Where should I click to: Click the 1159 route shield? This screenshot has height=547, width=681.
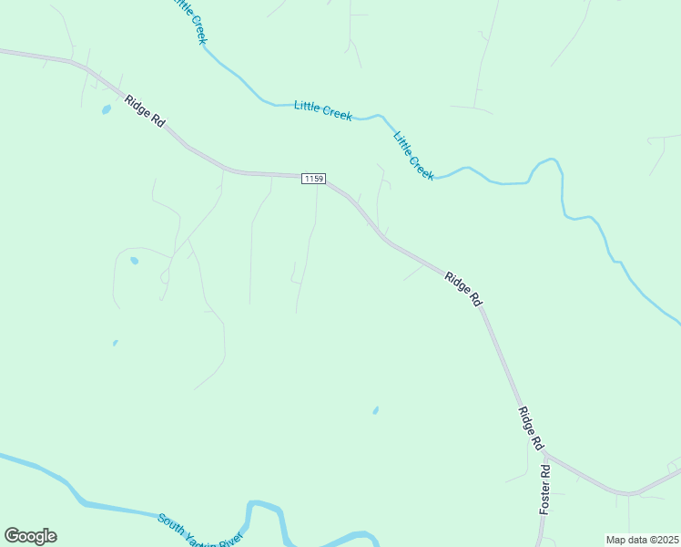coord(313,179)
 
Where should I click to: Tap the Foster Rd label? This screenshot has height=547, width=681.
coord(544,490)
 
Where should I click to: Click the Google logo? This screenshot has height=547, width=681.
coord(30,536)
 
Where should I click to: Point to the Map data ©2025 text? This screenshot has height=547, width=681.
coord(642,540)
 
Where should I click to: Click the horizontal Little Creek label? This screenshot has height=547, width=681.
coord(323,110)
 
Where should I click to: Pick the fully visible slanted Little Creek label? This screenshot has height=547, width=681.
coord(413,156)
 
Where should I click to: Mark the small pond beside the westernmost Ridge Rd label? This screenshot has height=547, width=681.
coord(106,109)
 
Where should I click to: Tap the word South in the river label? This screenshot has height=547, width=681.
coord(174,524)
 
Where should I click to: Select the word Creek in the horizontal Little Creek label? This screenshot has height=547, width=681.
coord(337,113)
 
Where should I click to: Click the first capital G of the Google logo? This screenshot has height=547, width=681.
coord(12,536)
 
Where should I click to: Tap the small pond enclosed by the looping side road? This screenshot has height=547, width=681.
coord(135,261)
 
